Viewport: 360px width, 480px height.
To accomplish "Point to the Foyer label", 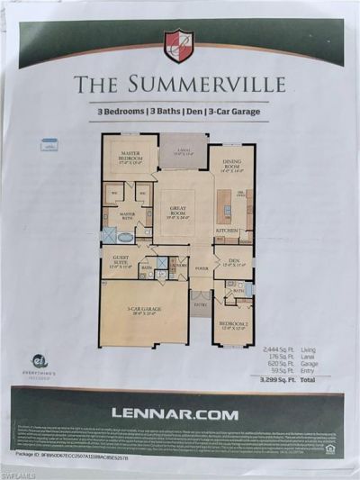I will (200, 267).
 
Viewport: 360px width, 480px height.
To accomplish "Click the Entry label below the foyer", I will (200, 305).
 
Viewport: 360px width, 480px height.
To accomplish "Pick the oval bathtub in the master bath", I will (125, 235).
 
